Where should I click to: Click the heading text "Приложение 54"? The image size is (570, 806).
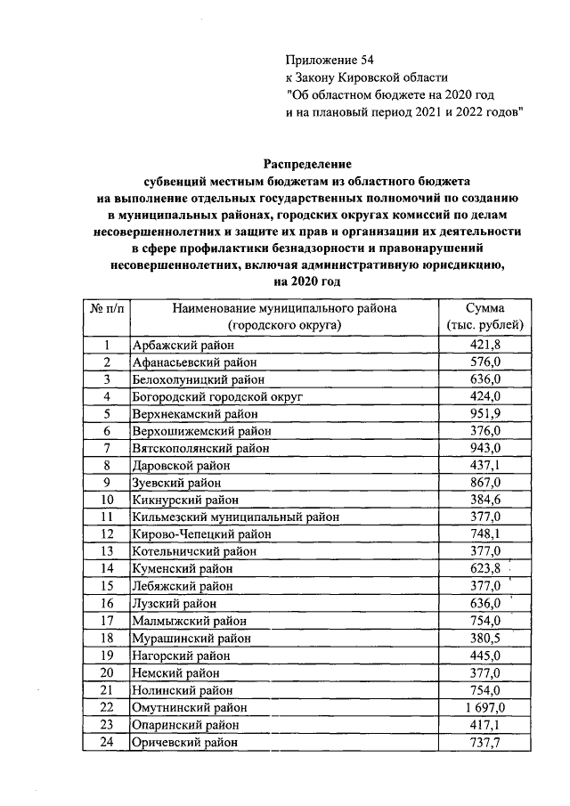pos(324,60)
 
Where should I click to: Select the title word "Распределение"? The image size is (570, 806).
pos(307,164)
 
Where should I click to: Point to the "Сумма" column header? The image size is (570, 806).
pos(485,308)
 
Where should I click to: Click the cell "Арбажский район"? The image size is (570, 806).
pos(183,346)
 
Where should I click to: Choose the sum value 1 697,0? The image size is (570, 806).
pos(485,707)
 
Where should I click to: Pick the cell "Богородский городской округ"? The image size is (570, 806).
pos(217,396)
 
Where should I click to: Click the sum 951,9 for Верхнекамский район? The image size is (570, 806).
pos(485,414)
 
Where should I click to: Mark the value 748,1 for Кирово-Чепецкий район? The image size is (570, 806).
pos(485,534)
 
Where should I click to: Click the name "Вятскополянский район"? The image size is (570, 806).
pos(199,448)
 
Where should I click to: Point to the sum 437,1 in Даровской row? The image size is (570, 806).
pos(485,466)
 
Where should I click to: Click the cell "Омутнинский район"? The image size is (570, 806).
pos(188,707)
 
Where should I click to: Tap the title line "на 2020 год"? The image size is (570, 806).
pos(307,281)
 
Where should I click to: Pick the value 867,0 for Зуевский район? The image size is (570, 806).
pos(485,483)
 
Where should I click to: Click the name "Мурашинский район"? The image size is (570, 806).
pos(190,638)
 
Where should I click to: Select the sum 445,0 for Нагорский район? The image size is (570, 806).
pos(485,655)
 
